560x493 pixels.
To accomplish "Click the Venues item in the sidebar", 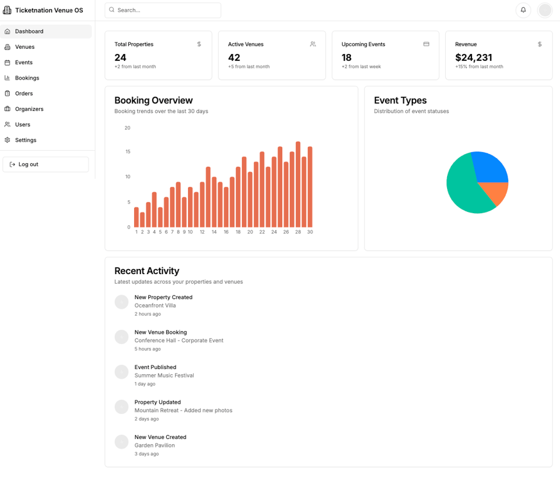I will pyautogui.click(x=24, y=47).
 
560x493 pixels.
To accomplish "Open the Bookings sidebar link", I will pyautogui.click(x=27, y=78).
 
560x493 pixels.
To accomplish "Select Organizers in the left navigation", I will pyautogui.click(x=29, y=109).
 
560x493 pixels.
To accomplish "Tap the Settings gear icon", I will pyautogui.click(x=8, y=140).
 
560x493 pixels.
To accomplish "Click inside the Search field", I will pyautogui.click(x=164, y=10).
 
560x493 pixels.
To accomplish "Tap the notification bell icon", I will pyautogui.click(x=523, y=10).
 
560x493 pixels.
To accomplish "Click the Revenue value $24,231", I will pyautogui.click(x=473, y=58).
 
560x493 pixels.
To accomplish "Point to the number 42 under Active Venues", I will pyautogui.click(x=234, y=58).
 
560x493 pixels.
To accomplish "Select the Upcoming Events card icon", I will pyautogui.click(x=426, y=44).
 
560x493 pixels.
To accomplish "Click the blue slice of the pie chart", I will pyautogui.click(x=490, y=167).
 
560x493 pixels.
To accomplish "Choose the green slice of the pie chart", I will pyautogui.click(x=465, y=186).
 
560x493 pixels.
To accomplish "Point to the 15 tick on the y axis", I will pyautogui.click(x=128, y=152).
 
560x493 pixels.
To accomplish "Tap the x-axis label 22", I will pyautogui.click(x=262, y=232).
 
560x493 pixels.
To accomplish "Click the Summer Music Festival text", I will pyautogui.click(x=164, y=376).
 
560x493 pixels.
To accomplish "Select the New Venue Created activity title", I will pyautogui.click(x=160, y=437).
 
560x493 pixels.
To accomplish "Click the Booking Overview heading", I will pyautogui.click(x=153, y=101).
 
